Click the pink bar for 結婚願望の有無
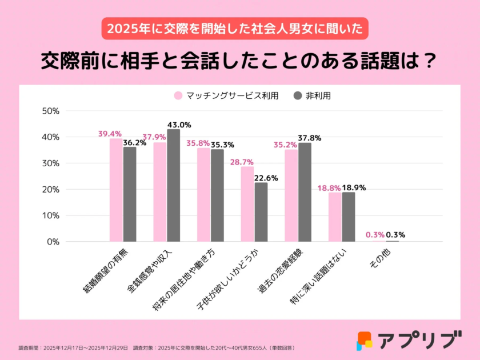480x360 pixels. [x=116, y=190]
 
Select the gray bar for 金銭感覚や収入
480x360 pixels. [x=173, y=185]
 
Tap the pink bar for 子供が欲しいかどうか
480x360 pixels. [x=247, y=204]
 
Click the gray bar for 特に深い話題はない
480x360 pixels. [x=349, y=217]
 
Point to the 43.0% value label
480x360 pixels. [x=179, y=125]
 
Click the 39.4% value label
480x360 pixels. [x=110, y=134]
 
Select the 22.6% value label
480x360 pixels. [x=266, y=178]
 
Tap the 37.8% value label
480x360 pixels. [x=310, y=138]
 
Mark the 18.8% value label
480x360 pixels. [x=329, y=187]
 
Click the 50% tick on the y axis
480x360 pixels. [x=51, y=111]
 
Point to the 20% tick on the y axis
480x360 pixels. [x=51, y=189]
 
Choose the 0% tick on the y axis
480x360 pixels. [x=53, y=242]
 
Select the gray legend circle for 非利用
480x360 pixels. [x=297, y=96]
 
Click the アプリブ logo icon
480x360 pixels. [x=365, y=341]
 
